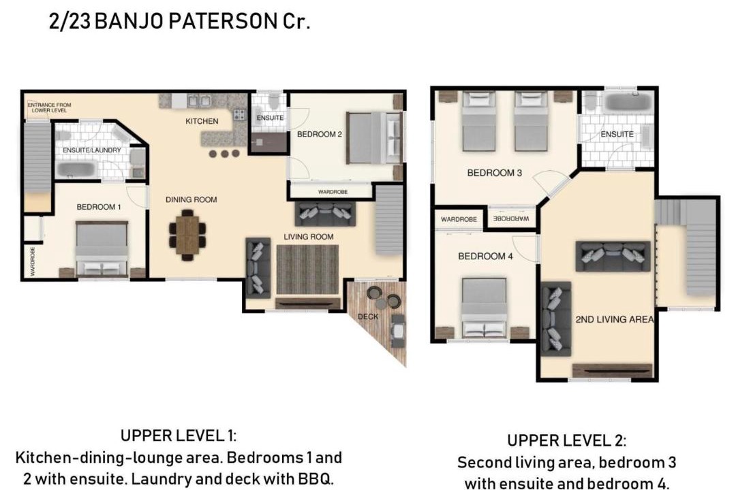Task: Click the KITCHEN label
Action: [202, 121]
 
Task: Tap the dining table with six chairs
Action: [188, 235]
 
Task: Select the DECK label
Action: [368, 316]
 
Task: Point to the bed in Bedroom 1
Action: [102, 249]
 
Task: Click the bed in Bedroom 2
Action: [374, 138]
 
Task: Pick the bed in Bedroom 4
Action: [484, 308]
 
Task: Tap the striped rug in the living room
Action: [307, 270]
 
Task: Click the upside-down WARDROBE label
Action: [511, 218]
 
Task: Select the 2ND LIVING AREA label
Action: [615, 319]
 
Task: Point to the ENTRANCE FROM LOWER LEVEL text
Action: [49, 108]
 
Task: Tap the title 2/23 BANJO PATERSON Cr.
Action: [179, 21]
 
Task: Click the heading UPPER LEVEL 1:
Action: [179, 435]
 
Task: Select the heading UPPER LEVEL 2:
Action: [566, 440]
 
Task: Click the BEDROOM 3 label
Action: [494, 173]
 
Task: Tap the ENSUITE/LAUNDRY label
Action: [92, 150]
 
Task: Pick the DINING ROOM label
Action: [191, 199]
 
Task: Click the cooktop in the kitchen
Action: [239, 114]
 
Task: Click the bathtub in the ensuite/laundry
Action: [78, 169]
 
